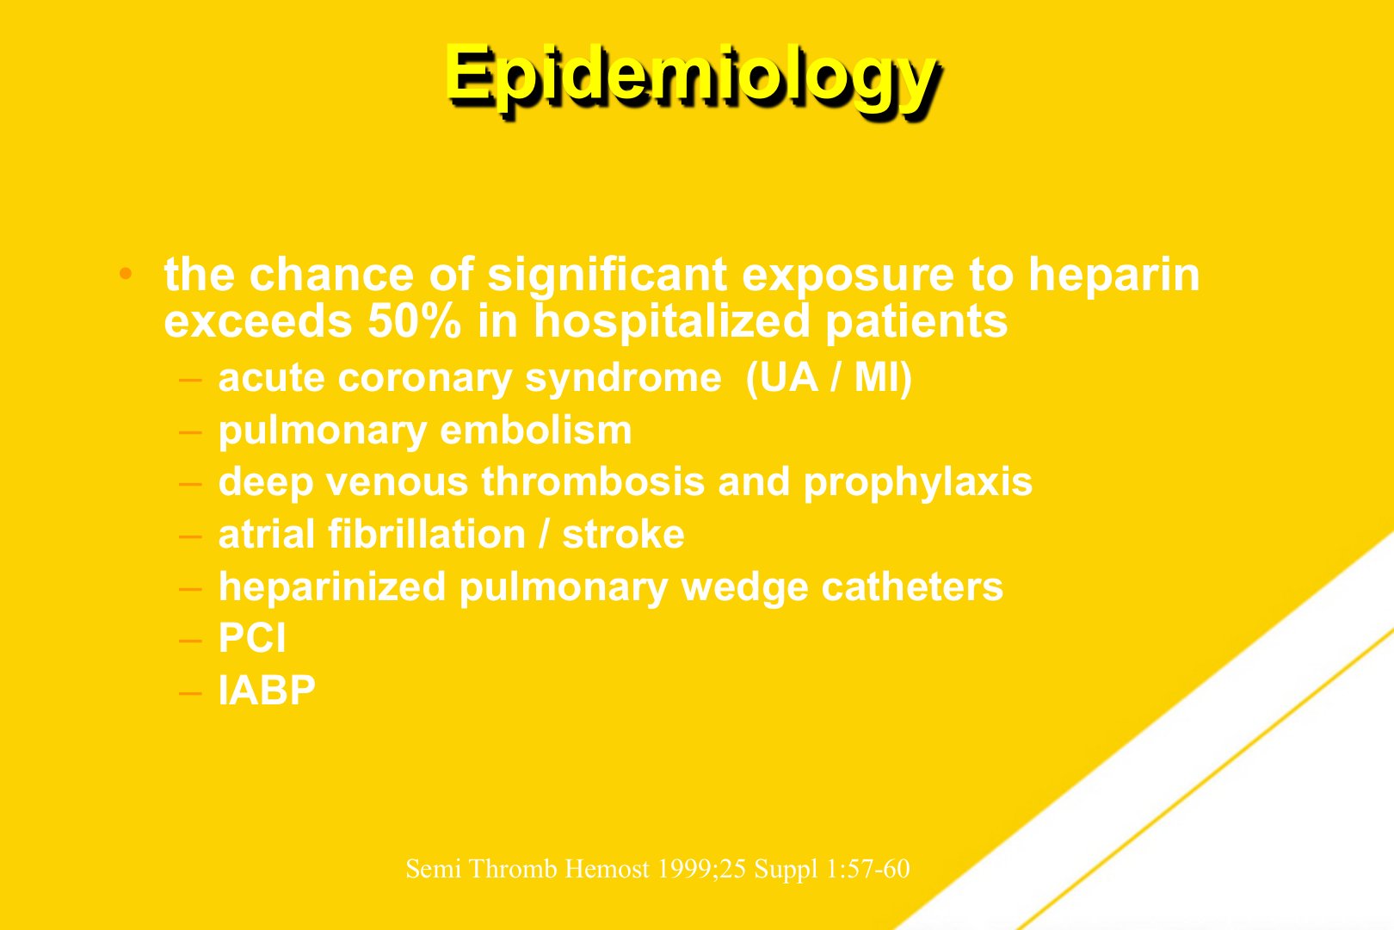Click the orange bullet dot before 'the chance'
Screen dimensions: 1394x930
coord(126,274)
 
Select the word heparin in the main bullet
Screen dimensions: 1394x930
coord(1114,276)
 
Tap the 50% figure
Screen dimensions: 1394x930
coord(415,322)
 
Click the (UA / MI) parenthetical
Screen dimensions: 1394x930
coord(829,378)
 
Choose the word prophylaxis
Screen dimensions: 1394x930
coord(918,484)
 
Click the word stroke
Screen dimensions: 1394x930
coord(624,535)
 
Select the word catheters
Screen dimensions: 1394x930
coord(912,586)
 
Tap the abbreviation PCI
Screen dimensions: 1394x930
coord(252,638)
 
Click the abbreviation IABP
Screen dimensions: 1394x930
coord(267,691)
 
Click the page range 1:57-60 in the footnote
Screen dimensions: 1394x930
coord(868,869)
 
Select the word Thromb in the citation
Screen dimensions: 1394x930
coord(513,869)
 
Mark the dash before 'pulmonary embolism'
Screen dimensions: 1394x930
coord(190,431)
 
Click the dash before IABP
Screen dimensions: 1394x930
coord(190,692)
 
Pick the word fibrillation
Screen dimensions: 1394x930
coord(427,535)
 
